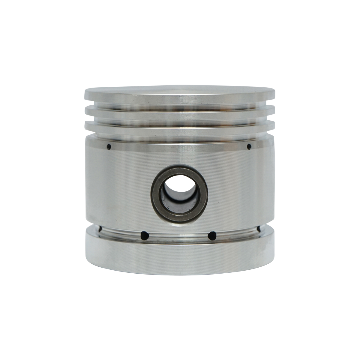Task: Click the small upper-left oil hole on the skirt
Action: pos(109,147)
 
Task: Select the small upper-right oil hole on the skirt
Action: pos(249,146)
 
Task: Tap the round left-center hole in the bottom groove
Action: pos(145,235)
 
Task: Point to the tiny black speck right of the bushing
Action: pos(218,202)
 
